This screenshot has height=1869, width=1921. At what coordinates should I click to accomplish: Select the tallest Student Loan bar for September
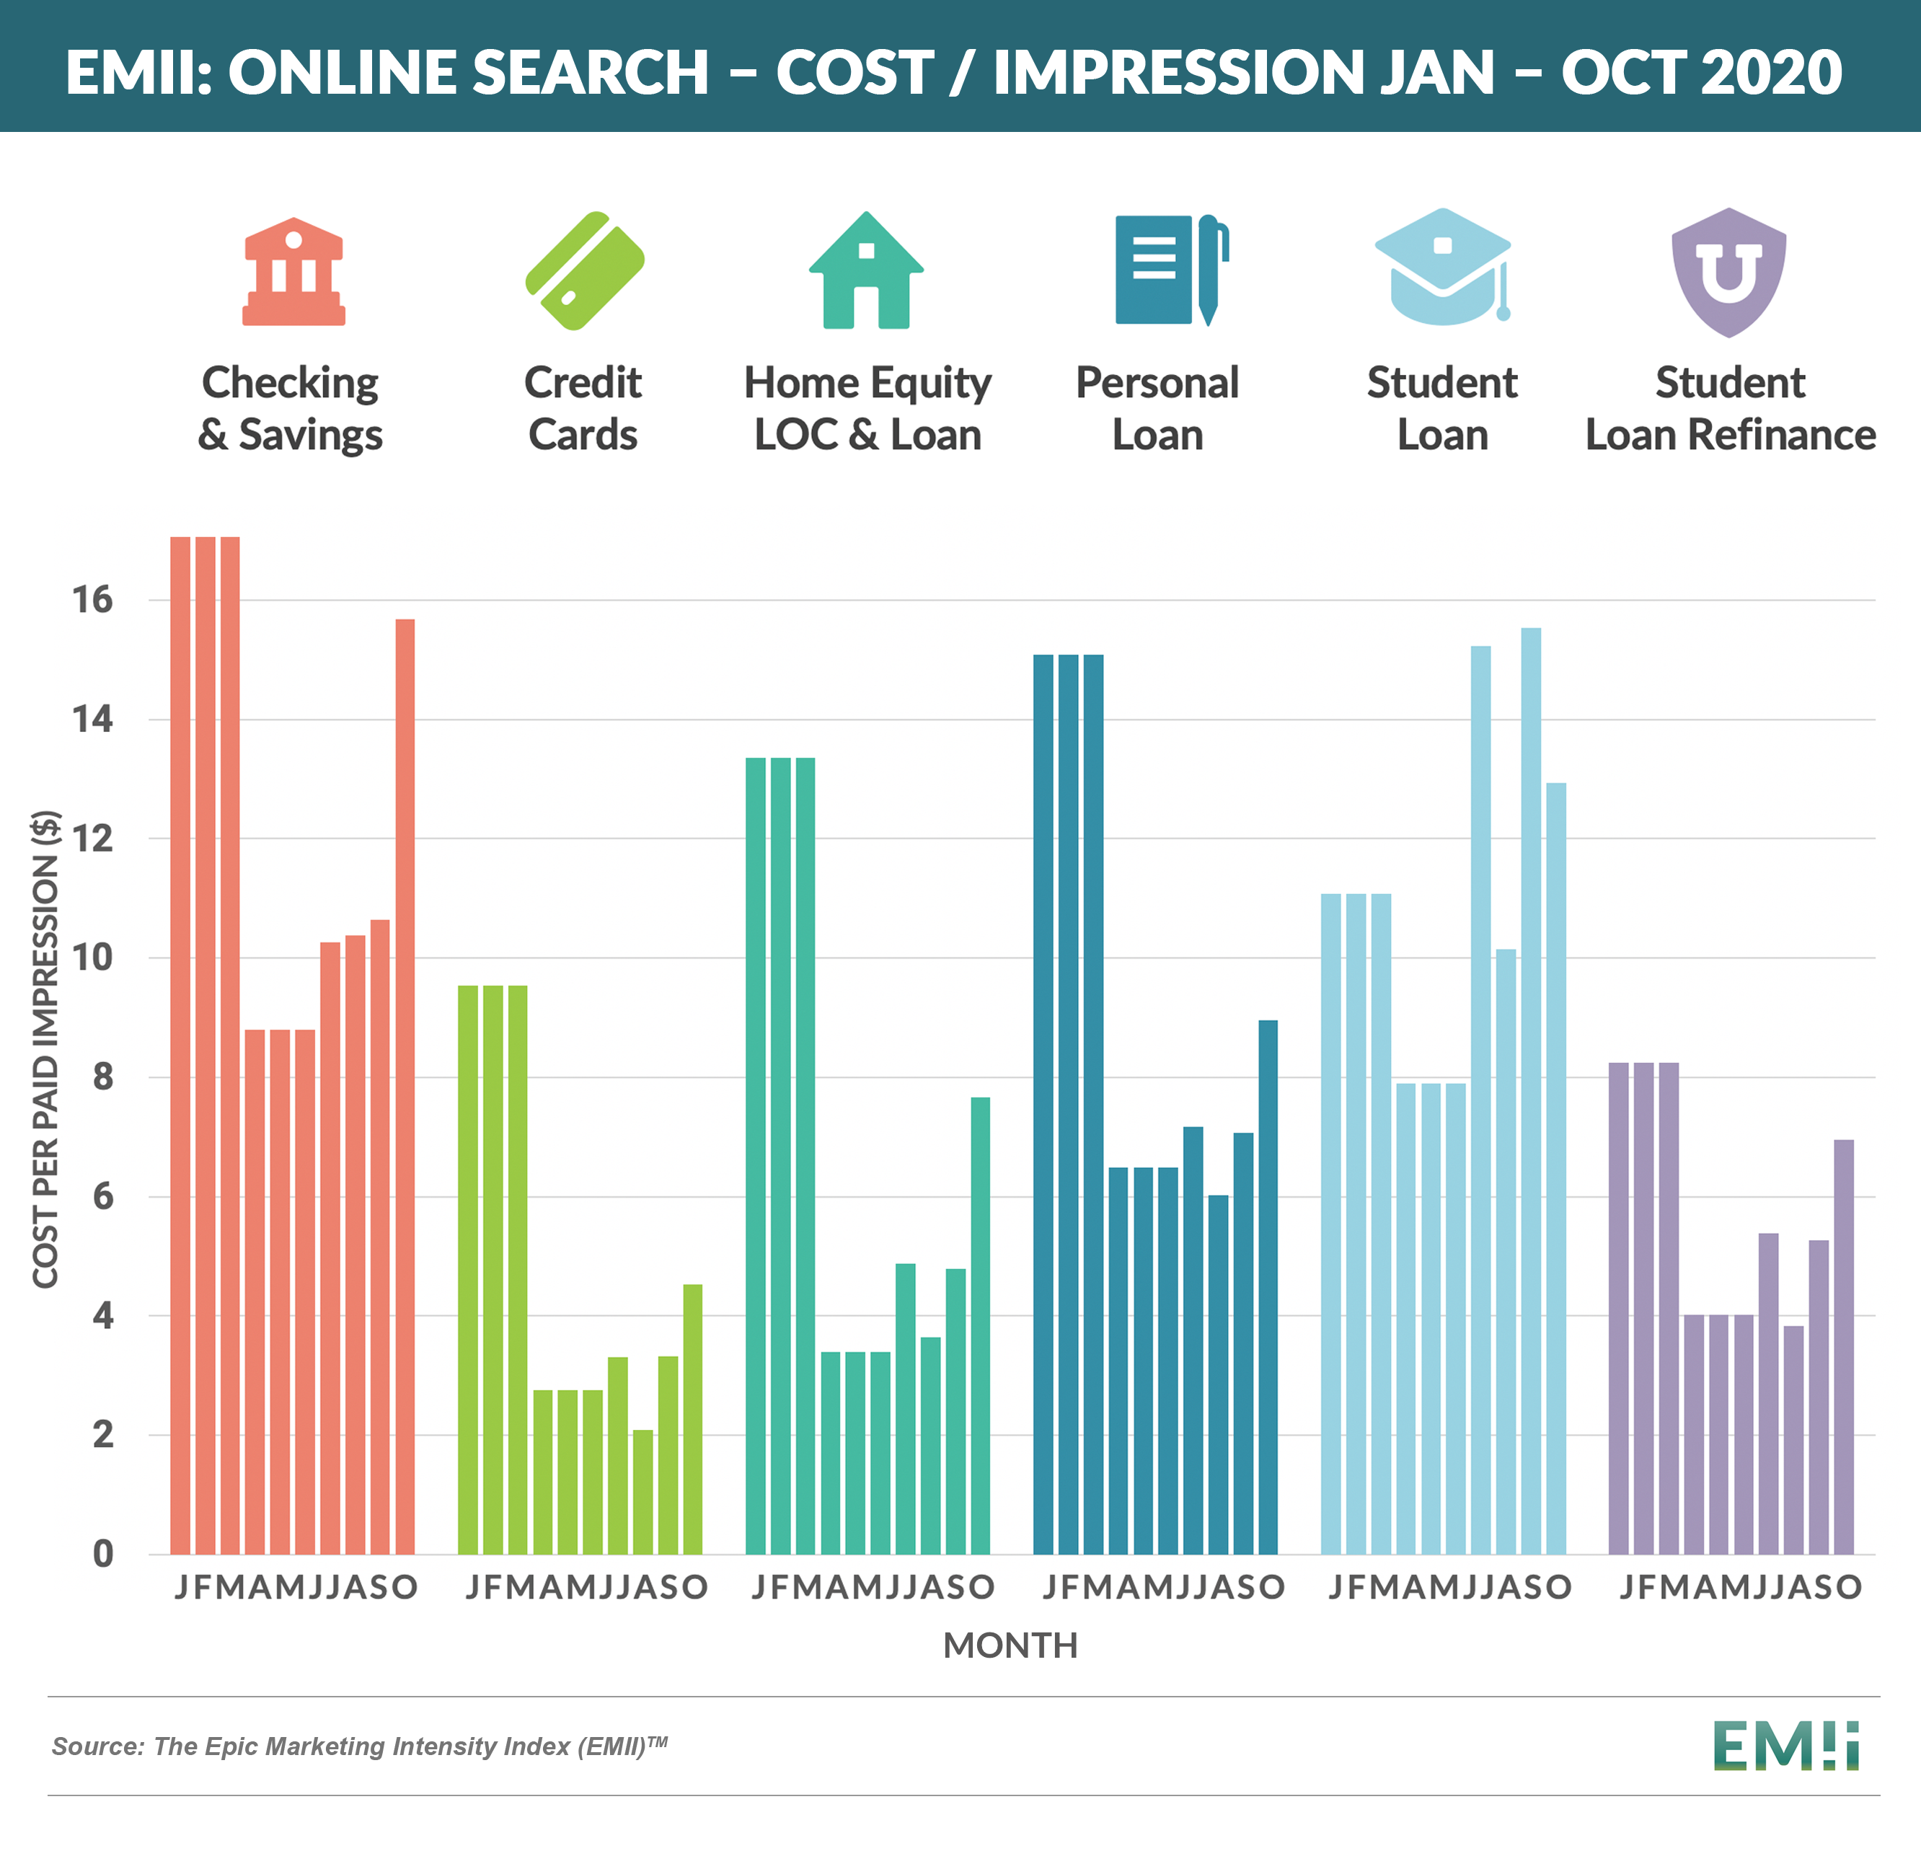1530,1090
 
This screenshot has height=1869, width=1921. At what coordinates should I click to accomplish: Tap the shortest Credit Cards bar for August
643,1491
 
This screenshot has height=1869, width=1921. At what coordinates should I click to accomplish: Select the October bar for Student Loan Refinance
1843,1346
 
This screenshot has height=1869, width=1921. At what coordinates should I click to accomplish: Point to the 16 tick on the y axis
93,600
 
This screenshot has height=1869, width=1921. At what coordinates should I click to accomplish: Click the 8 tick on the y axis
103,1077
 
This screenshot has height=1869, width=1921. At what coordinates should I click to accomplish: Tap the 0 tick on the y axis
103,1554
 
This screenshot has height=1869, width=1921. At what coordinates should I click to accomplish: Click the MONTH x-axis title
1010,1645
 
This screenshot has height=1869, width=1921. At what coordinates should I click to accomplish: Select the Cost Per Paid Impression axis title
46,1048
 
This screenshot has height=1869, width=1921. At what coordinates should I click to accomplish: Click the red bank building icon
293,272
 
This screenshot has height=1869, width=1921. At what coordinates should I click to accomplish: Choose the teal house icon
866,272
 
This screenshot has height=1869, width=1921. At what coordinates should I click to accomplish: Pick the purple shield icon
1728,272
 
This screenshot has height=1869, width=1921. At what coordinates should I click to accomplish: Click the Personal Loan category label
1157,408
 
